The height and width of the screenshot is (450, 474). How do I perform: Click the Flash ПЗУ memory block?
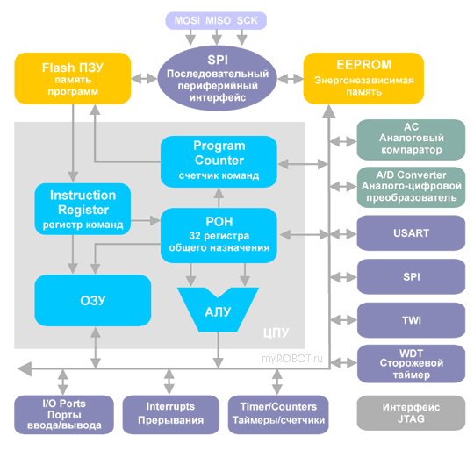(73, 79)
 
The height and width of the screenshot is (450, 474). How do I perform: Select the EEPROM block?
(363, 79)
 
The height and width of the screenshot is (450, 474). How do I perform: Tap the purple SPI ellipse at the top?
(218, 78)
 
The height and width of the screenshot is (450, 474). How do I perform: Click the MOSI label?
(187, 20)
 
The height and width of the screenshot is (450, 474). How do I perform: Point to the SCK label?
(247, 20)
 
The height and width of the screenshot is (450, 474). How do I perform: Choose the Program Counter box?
(219, 161)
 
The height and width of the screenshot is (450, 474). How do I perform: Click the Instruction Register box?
(83, 209)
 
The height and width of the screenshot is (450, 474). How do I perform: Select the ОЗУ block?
(93, 301)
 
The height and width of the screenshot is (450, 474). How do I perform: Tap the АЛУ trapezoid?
(218, 310)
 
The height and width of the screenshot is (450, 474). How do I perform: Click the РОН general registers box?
(219, 235)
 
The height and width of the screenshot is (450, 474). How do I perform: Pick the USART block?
(411, 233)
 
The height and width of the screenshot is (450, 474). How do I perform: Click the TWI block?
(411, 320)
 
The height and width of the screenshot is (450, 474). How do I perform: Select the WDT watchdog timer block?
(411, 364)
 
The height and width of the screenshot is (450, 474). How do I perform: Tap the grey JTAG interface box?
(411, 413)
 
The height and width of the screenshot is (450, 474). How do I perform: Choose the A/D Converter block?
(411, 187)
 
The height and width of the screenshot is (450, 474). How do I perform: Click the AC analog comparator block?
(411, 139)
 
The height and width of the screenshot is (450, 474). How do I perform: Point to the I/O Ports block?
(64, 415)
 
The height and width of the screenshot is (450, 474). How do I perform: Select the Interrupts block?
(171, 415)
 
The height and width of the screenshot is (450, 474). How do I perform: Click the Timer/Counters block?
(278, 415)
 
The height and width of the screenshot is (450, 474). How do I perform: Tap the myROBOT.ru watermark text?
(292, 359)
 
